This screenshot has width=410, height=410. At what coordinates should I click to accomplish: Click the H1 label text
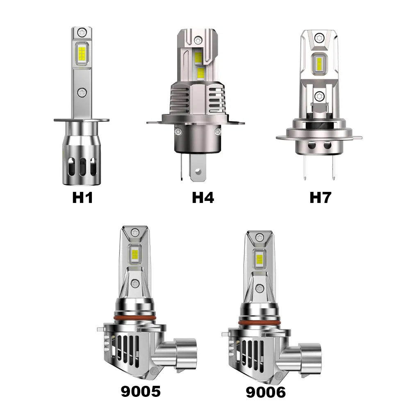pos(82,198)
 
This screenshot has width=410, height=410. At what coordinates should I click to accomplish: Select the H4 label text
pos(203,198)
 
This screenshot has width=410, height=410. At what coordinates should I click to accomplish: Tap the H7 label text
pos(320,198)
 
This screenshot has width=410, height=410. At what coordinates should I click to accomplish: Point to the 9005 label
pos(141,392)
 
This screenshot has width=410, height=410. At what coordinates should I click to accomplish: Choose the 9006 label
pos(266,392)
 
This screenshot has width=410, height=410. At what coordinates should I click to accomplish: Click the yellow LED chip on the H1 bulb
pos(82,53)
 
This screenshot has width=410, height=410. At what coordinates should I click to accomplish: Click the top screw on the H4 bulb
pos(199,40)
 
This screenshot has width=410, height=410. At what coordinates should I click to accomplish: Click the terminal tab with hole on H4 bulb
pos(198,170)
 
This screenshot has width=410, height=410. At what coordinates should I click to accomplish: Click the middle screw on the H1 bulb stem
pos(82,93)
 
